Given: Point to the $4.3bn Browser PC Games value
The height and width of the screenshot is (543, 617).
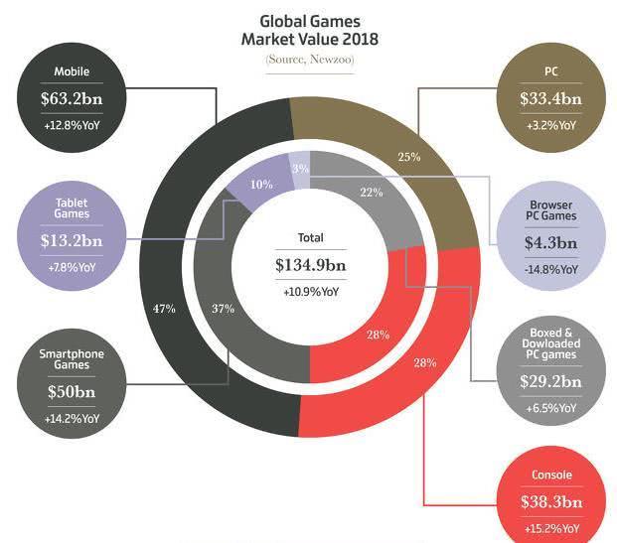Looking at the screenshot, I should pos(550,241).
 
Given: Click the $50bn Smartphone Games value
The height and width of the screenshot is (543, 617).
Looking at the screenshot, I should pos(71,391).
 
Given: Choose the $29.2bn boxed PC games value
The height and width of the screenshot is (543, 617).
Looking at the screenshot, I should pos(550,380).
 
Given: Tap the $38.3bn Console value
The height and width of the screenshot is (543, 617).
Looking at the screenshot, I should pos(550,503).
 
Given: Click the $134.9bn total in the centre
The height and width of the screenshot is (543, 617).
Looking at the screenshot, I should pos(311,266).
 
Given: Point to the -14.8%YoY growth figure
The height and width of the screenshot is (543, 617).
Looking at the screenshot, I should pos(550,268).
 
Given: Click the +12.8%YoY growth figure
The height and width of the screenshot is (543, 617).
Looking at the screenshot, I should pos(71,125).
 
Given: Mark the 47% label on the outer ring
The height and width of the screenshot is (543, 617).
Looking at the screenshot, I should pos(165,309).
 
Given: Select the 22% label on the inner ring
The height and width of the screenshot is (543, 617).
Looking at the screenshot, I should pos(373,193).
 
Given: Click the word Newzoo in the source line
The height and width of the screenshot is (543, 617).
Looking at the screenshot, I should pos(328,61).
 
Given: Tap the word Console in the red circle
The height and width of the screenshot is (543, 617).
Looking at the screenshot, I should pos(550,475).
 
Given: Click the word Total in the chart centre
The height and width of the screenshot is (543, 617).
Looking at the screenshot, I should pos(311,238).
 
